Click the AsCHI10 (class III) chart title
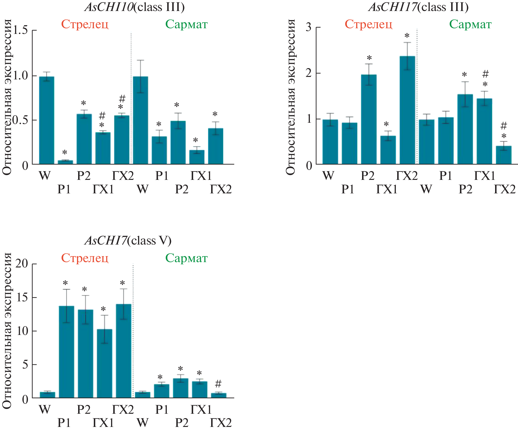pos(135,7)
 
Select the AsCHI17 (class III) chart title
pos(418,7)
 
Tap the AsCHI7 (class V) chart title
pos(128,240)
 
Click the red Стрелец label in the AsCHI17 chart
pos(368,24)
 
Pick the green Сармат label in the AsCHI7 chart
pos(186,258)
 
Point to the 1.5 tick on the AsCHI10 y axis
pos(20,30)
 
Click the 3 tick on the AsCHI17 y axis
pos(309,28)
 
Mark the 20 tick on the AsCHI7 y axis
pos(22,264)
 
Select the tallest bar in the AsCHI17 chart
pos(407,110)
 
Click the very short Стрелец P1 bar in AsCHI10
pos(65,162)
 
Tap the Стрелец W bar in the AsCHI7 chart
pos(47,395)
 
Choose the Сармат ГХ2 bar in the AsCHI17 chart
pos(504,155)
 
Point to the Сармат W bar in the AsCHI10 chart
pos(141,120)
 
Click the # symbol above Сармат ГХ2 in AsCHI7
pos(218,383)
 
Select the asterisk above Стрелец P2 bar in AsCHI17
pos(369,58)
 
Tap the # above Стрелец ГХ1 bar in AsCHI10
pos(102,116)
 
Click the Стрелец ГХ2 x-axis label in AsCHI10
pos(123,176)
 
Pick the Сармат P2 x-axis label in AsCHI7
pos(182,423)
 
